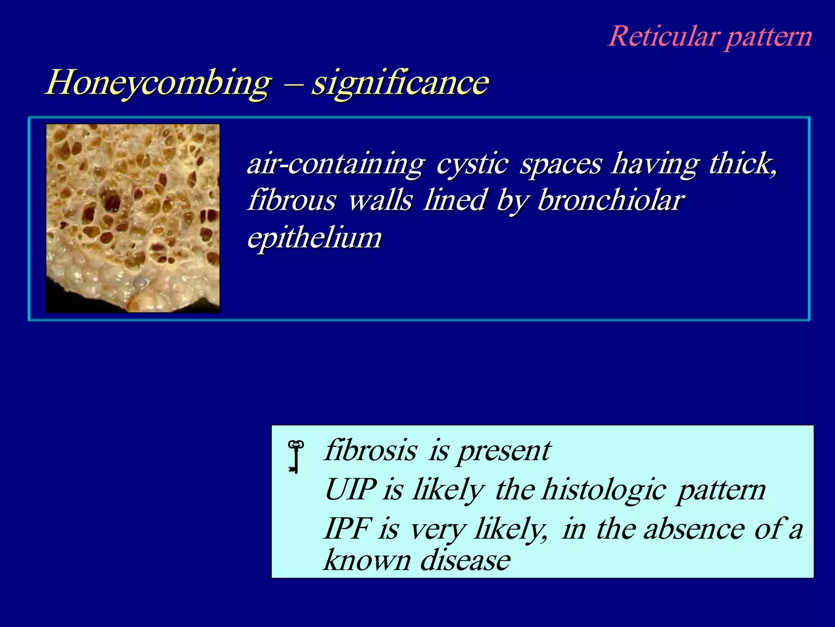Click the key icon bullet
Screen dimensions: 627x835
(x=296, y=457)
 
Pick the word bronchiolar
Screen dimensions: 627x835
(x=611, y=201)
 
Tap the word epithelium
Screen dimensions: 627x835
(x=314, y=238)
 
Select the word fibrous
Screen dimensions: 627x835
(x=292, y=201)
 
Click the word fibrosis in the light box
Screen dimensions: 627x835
(x=371, y=451)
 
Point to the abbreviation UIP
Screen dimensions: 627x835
(x=350, y=489)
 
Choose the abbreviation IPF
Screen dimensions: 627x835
(x=347, y=529)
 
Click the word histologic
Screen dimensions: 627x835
(x=604, y=490)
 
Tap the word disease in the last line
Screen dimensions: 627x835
(x=465, y=560)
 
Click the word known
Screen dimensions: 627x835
(x=367, y=560)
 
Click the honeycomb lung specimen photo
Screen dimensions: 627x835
(x=133, y=218)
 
